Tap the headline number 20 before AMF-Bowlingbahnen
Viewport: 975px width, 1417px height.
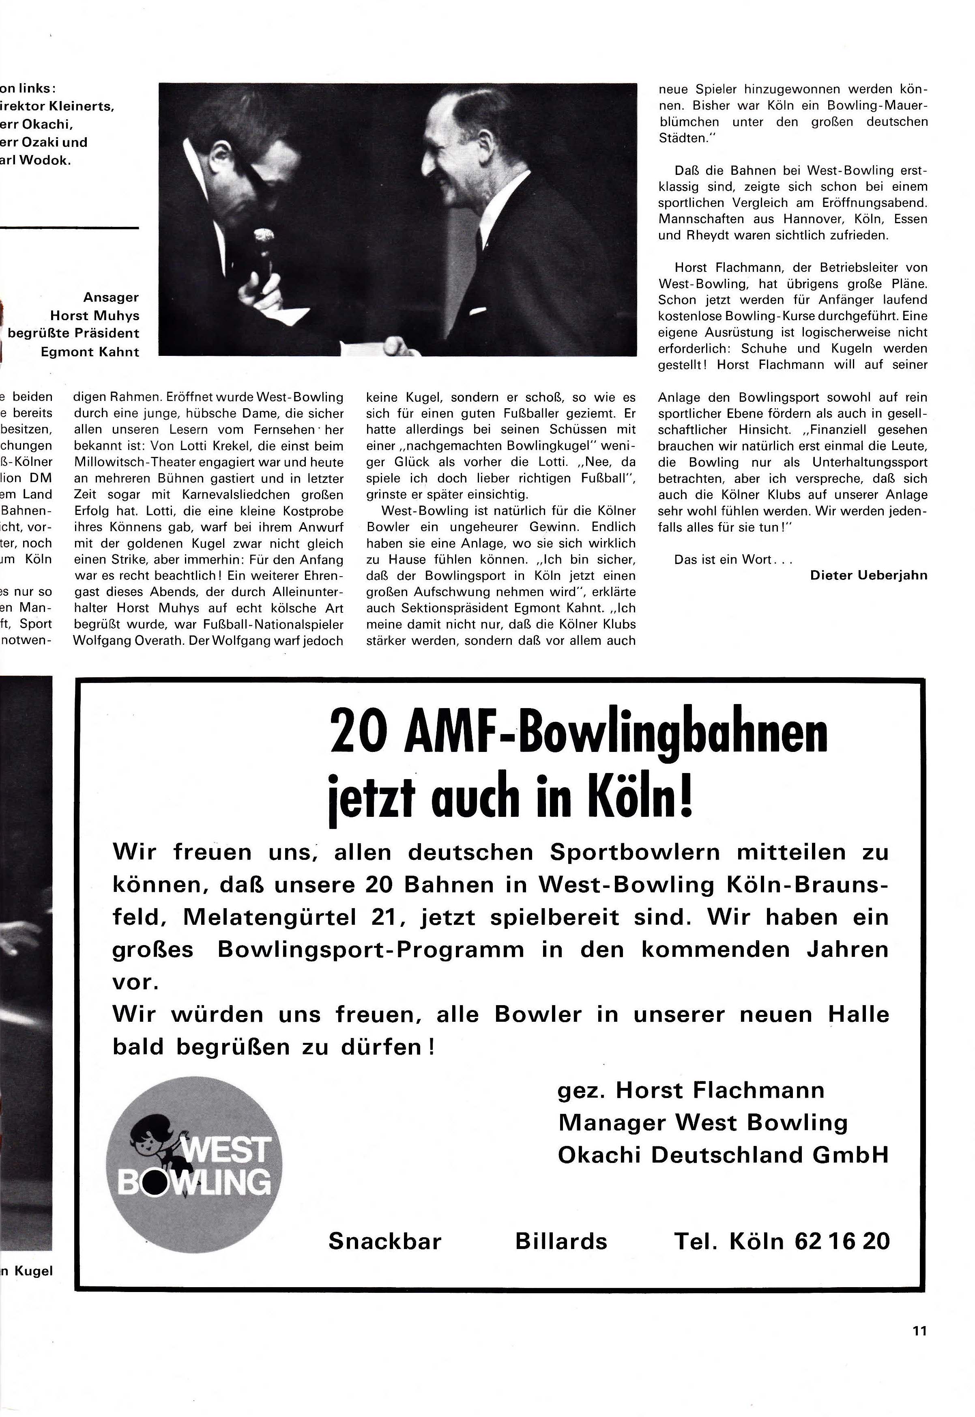click(x=357, y=731)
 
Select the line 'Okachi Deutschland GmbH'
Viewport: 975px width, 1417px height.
click(x=723, y=1155)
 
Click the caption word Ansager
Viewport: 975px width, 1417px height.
click(x=111, y=297)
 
